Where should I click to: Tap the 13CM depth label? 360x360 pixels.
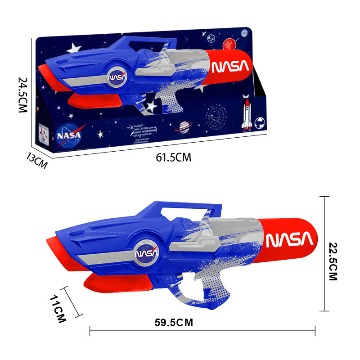[36, 160]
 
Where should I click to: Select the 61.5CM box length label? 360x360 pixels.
[174, 157]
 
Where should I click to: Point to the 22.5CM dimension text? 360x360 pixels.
[333, 261]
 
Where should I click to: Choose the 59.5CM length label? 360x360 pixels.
[174, 322]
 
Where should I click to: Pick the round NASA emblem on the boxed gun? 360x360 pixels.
[117, 77]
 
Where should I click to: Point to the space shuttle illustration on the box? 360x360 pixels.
[247, 115]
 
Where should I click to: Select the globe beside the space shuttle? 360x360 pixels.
[260, 122]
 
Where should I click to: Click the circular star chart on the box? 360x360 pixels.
[215, 114]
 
